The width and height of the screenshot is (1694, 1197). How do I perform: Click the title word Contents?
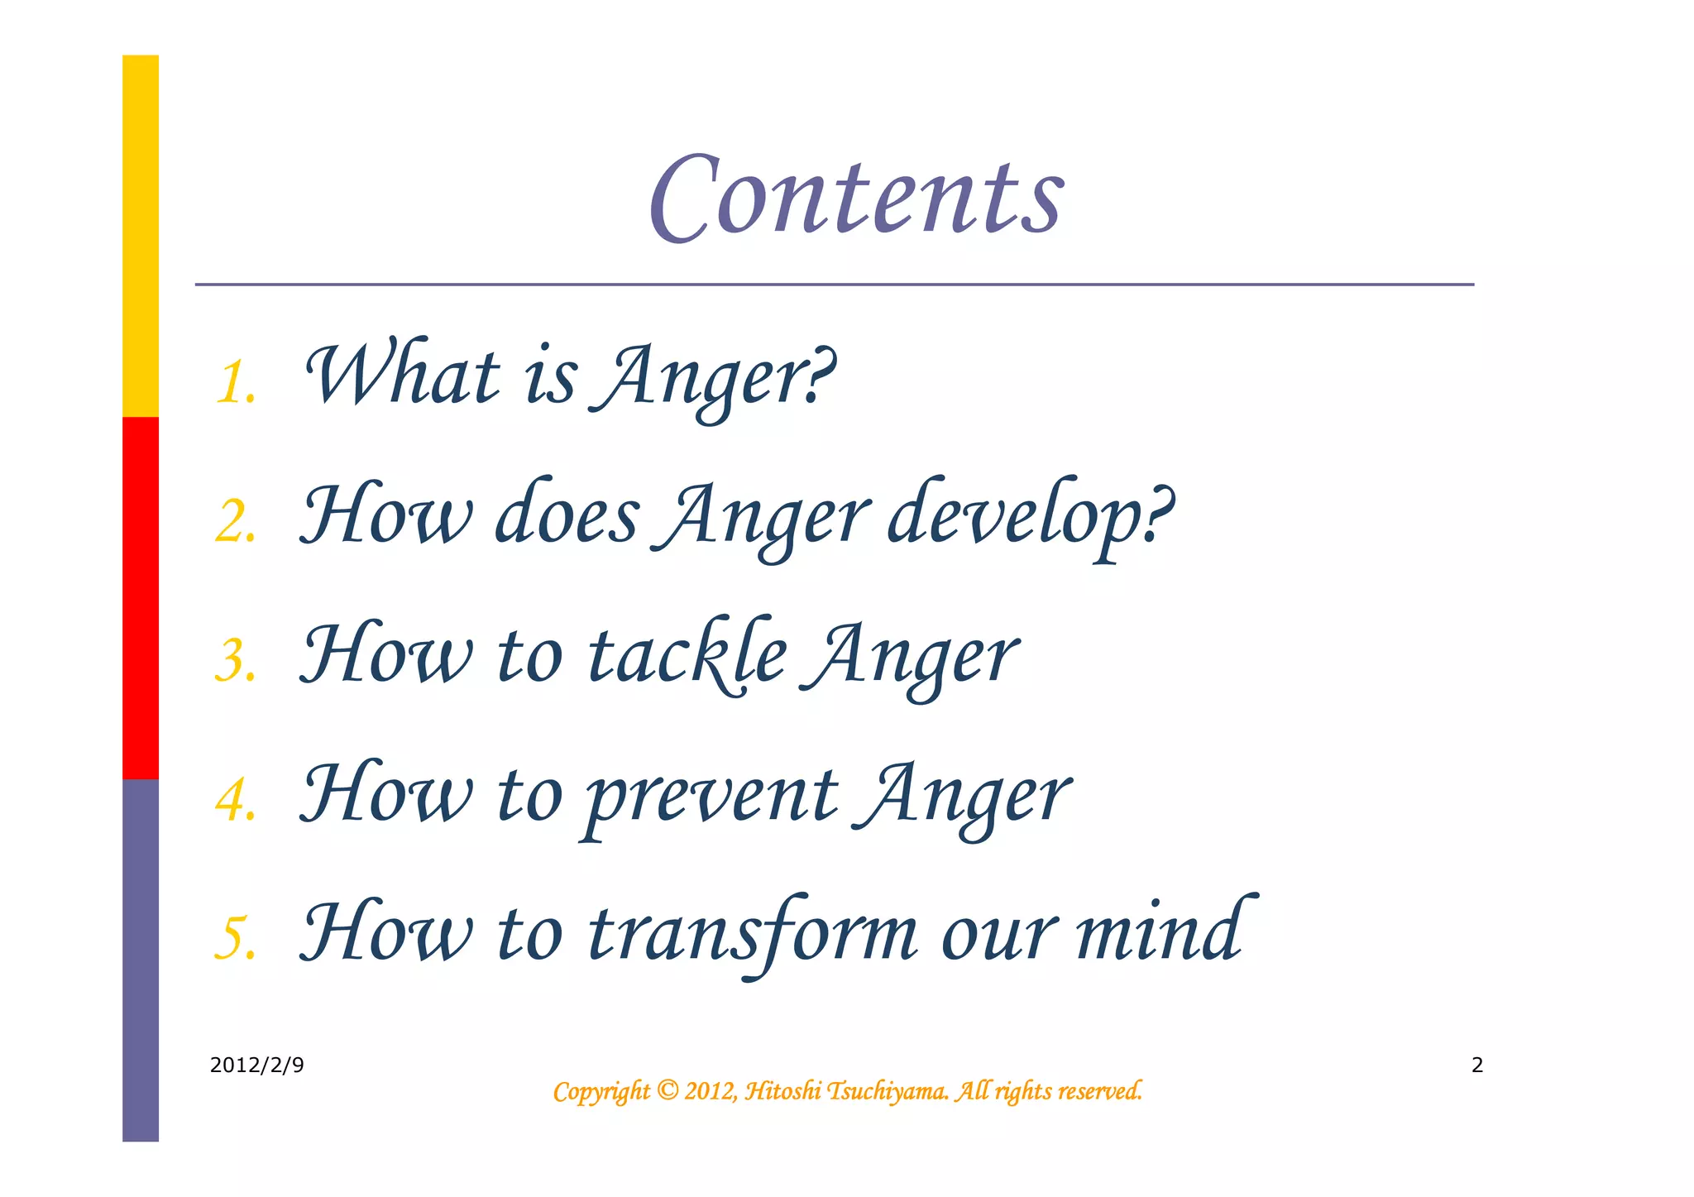tap(856, 199)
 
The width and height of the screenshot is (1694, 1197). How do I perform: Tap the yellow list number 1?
tap(235, 383)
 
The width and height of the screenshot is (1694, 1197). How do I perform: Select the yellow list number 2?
tap(235, 523)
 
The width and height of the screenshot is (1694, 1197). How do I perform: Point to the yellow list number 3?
tap(235, 662)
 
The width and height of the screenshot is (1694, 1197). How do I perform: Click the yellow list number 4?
tap(235, 801)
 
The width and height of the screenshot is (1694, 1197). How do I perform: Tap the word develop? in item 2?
tap(1029, 516)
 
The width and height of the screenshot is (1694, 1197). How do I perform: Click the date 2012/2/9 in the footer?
tap(256, 1065)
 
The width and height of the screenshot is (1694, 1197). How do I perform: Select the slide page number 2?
tap(1477, 1065)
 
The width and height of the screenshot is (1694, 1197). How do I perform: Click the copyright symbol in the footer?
tap(667, 1091)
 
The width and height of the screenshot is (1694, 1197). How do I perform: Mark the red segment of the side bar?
tap(141, 597)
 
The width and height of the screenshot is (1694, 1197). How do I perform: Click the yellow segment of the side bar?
tap(141, 236)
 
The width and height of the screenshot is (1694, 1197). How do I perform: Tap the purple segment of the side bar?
tap(141, 960)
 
